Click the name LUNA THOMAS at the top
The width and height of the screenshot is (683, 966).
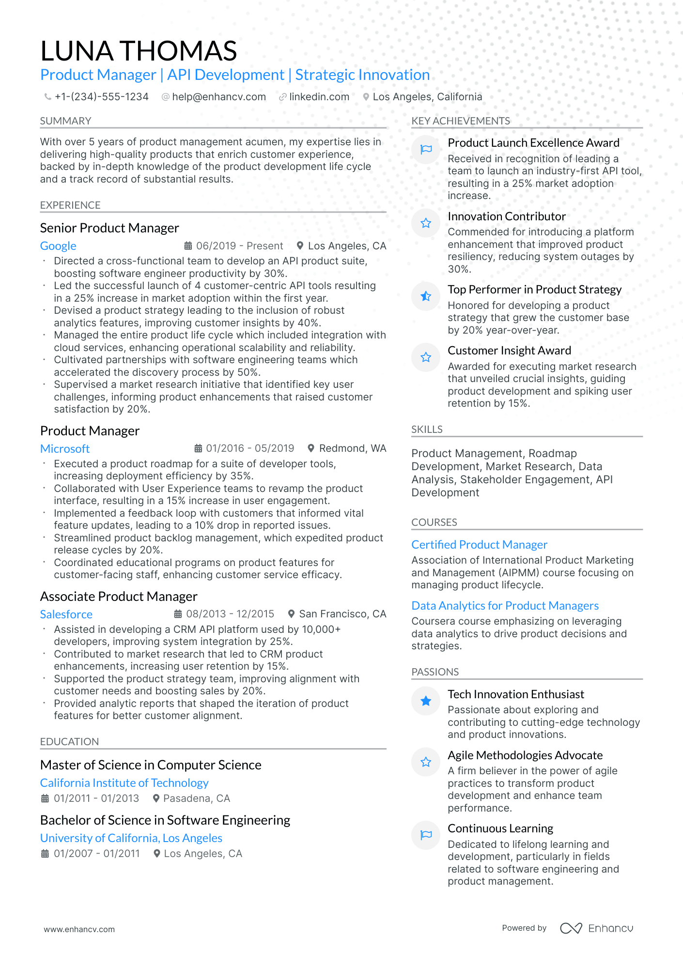tap(139, 51)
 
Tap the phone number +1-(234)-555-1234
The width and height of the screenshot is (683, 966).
tap(101, 97)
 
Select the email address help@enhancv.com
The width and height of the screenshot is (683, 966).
tap(219, 97)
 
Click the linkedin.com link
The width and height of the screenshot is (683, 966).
tap(319, 97)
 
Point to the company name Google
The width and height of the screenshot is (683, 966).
tap(58, 246)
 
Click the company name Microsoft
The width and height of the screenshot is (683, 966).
tap(65, 449)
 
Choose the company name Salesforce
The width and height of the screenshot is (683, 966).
tap(66, 614)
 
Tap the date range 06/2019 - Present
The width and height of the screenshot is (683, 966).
tap(239, 246)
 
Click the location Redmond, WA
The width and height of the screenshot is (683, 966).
tap(352, 448)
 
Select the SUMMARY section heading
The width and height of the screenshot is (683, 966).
tap(65, 121)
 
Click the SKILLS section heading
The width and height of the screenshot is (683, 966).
tap(427, 429)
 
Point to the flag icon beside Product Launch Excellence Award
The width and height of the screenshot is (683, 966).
tap(426, 150)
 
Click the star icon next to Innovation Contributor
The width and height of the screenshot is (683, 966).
tap(426, 223)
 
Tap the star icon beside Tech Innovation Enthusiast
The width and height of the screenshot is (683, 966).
tap(426, 701)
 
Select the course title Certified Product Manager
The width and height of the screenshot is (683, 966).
tap(479, 545)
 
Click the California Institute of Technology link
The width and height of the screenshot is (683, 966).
tap(124, 783)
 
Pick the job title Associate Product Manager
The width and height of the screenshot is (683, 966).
tap(119, 597)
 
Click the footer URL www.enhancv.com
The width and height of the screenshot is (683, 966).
tap(79, 929)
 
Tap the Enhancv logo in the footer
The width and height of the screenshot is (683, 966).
tap(596, 928)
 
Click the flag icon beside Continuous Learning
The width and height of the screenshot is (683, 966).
tap(426, 835)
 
